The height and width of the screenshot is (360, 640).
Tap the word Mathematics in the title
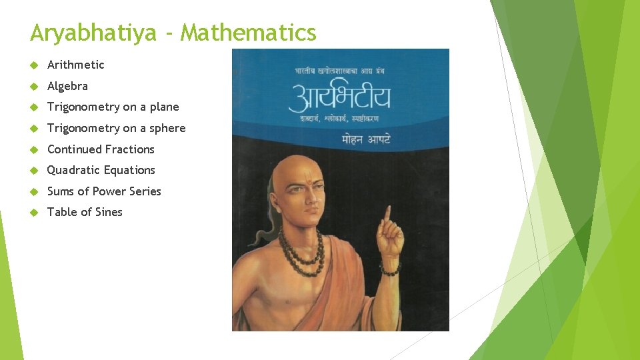click(249, 32)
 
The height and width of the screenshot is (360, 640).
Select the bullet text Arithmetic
click(76, 65)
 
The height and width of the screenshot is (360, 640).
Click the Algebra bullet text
click(67, 86)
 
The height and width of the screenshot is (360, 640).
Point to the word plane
click(164, 107)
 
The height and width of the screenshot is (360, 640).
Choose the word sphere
click(168, 128)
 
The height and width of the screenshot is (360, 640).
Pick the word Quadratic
click(73, 170)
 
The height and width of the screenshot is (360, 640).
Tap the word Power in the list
click(111, 191)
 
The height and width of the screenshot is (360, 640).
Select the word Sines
click(108, 212)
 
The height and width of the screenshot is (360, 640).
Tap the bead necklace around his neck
click(303, 257)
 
